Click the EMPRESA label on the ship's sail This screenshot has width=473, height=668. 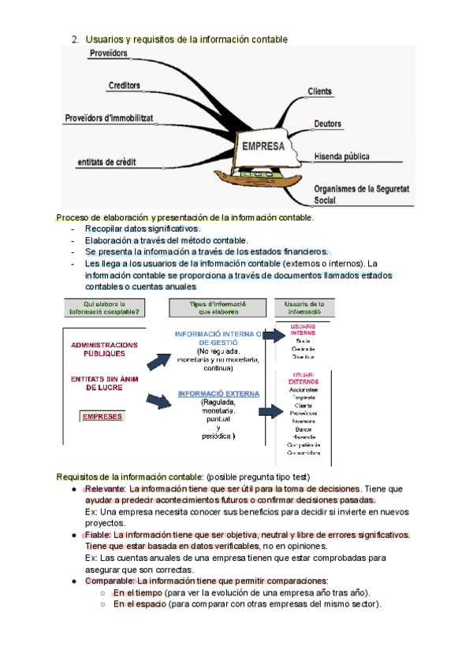pos(263,146)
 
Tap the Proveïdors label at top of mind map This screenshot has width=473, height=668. pos(109,54)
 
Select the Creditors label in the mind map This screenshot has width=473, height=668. pos(124,85)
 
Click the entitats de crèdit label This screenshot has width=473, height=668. pos(106,161)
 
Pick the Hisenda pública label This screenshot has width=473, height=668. pos(341,156)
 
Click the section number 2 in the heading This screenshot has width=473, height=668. pos(73,39)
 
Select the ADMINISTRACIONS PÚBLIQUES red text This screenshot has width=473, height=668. pos(104,349)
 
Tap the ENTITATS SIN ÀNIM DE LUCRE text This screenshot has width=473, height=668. pos(103,383)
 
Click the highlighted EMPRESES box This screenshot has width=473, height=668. pos(102,416)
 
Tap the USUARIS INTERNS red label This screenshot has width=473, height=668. pos(303,328)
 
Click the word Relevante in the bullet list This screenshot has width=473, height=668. pos(105,489)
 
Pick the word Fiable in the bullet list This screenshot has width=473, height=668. pos(98,535)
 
